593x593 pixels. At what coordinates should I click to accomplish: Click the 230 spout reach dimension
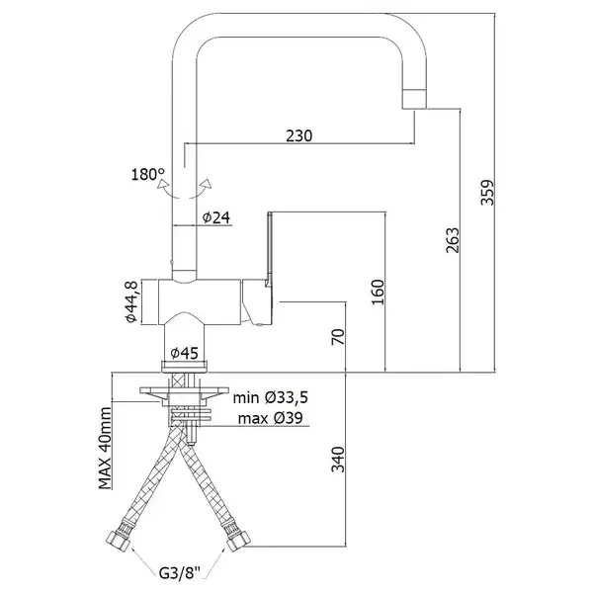(299, 135)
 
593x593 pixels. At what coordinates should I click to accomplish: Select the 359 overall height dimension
(487, 193)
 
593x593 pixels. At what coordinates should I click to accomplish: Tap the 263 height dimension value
(453, 240)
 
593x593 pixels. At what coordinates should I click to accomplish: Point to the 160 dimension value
(378, 293)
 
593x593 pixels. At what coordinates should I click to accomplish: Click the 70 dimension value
(338, 337)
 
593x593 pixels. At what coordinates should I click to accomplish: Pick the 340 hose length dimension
(338, 460)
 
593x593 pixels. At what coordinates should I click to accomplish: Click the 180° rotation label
(148, 174)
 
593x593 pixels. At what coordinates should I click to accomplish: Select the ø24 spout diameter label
(216, 217)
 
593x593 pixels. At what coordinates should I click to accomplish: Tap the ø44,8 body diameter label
(131, 301)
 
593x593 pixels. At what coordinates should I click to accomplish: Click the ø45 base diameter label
(184, 353)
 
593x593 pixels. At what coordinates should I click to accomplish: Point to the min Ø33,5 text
(271, 397)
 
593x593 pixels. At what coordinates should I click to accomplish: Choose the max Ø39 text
(271, 418)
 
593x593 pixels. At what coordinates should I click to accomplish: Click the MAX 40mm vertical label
(106, 448)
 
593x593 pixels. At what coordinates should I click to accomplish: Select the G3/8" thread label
(179, 573)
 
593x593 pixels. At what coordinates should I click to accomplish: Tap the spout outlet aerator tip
(414, 100)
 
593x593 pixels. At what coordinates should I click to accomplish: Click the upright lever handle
(269, 249)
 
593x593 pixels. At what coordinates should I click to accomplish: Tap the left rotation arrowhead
(163, 185)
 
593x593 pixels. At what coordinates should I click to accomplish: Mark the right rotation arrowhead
(207, 184)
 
